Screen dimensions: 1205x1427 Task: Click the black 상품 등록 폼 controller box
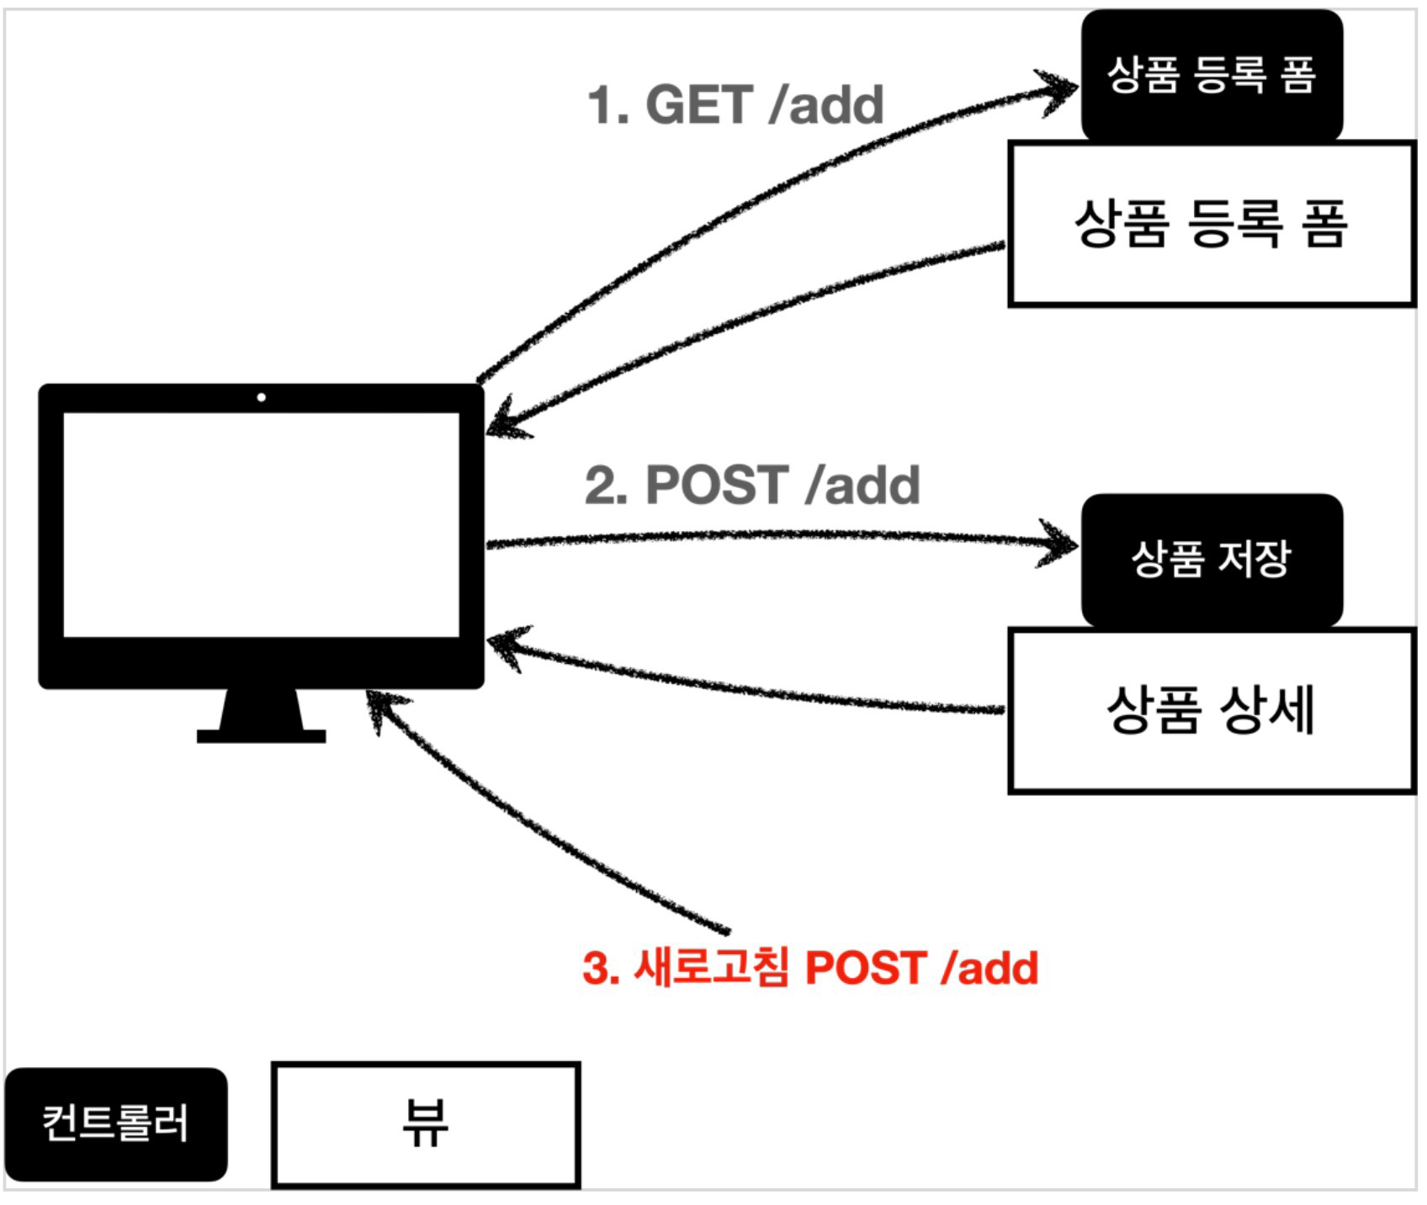point(1211,76)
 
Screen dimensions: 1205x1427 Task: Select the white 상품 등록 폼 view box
point(1211,224)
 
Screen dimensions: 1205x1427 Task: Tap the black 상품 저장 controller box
point(1211,560)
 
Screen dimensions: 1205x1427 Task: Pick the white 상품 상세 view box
point(1211,710)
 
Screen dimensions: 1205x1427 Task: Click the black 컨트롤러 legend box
point(116,1123)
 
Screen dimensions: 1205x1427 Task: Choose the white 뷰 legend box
point(426,1124)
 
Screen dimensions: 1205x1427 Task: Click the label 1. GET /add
point(735,105)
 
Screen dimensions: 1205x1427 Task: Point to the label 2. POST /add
point(752,486)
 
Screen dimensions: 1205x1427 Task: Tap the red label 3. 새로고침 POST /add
point(810,968)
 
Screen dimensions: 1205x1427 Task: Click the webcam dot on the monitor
point(262,397)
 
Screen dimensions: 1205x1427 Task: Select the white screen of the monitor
point(262,524)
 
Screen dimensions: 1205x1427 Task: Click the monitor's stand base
point(261,736)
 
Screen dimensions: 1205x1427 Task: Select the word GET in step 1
point(698,105)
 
